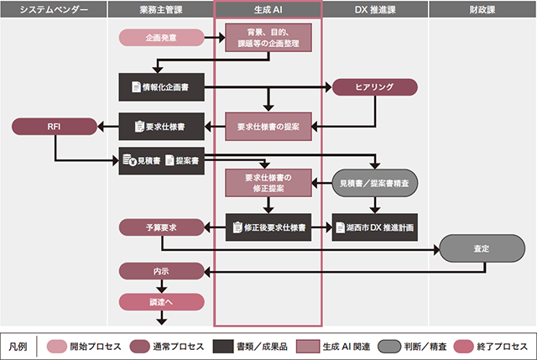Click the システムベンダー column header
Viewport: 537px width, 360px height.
pyautogui.click(x=54, y=9)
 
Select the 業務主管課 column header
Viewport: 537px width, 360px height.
pyautogui.click(x=161, y=9)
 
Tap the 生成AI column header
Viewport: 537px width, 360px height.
pyautogui.click(x=268, y=9)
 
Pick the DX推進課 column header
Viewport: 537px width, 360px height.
pyautogui.click(x=375, y=9)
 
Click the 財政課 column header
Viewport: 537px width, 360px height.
pyautogui.click(x=482, y=9)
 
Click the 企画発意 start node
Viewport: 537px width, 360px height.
pyautogui.click(x=161, y=38)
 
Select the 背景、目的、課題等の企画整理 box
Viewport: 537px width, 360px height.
pyautogui.click(x=268, y=38)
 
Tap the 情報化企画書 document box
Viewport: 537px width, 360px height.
pyautogui.click(x=161, y=86)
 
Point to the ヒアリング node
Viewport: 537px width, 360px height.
pyautogui.click(x=375, y=86)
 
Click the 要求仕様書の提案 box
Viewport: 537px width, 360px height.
pyautogui.click(x=268, y=126)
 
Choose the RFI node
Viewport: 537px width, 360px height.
pyautogui.click(x=54, y=126)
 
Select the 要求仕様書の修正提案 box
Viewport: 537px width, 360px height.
pyautogui.click(x=268, y=182)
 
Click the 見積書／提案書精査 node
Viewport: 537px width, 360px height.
pyautogui.click(x=375, y=182)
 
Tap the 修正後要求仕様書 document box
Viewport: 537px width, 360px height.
pyautogui.click(x=268, y=227)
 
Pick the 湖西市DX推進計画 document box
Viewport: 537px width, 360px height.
pyautogui.click(x=375, y=227)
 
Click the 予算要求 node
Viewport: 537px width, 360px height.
pyautogui.click(x=161, y=227)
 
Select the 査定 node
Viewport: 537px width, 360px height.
pyautogui.click(x=482, y=248)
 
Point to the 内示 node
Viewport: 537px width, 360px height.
pyautogui.click(x=161, y=271)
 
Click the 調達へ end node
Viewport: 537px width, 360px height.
pyautogui.click(x=161, y=300)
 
